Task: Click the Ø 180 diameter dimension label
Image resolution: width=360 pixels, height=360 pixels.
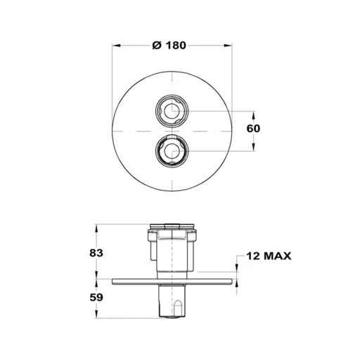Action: point(169,45)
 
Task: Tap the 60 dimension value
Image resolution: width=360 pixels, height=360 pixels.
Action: point(253,129)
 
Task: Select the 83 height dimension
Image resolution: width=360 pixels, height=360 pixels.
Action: point(96,253)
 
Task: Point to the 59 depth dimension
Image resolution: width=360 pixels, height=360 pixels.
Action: point(96,297)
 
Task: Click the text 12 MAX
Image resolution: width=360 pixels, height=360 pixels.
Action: point(269,256)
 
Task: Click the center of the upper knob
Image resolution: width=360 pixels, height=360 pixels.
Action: point(172,111)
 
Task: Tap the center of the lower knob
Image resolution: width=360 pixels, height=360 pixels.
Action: point(172,151)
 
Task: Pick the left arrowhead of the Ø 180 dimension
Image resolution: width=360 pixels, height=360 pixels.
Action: point(116,45)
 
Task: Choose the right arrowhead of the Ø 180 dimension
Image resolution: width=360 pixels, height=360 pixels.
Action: point(229,45)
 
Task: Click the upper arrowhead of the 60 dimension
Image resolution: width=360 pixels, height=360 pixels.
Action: point(253,115)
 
